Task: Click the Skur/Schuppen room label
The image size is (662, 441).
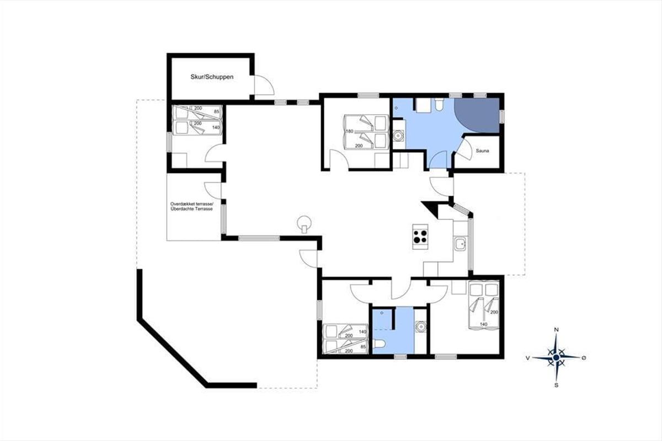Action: (x=212, y=77)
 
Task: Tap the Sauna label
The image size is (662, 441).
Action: (x=482, y=151)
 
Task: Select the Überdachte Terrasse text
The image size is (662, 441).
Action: (x=191, y=209)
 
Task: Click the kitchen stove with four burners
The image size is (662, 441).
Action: (x=420, y=237)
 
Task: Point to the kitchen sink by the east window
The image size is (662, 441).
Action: (x=460, y=244)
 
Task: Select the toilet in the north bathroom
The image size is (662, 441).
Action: (x=439, y=105)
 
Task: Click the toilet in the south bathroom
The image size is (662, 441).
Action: (x=378, y=343)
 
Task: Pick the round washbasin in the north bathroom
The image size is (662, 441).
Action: (x=399, y=136)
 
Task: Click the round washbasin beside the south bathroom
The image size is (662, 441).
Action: (x=420, y=326)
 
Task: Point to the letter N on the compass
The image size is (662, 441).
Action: (x=556, y=330)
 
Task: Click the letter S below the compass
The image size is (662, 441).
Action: (x=556, y=385)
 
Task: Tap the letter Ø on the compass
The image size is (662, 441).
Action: (x=584, y=358)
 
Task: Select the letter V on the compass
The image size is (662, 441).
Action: (x=527, y=358)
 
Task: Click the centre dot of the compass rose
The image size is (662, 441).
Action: (x=556, y=358)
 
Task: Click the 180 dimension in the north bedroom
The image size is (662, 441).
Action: (x=349, y=131)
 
